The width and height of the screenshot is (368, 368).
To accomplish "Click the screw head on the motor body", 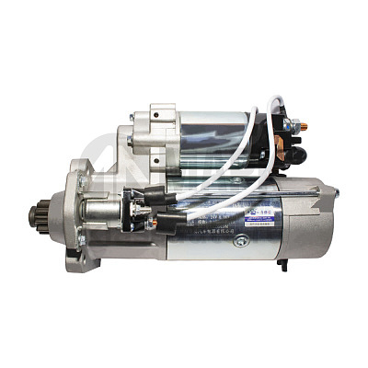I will tap(241, 241).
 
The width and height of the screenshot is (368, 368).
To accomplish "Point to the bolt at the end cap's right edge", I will tap(334, 193).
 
